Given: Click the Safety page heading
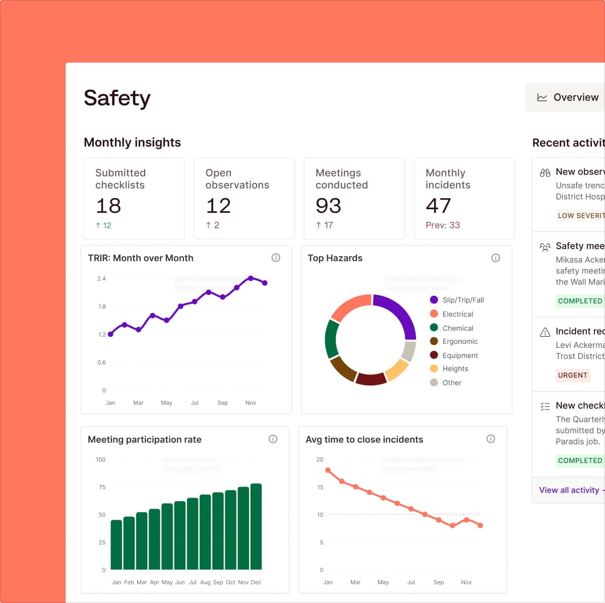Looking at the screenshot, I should click(117, 98).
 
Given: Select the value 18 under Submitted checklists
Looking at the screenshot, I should click(108, 206).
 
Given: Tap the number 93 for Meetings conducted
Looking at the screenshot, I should click(328, 206).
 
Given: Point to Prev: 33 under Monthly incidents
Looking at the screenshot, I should click(443, 225).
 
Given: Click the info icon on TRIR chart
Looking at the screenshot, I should click(276, 258).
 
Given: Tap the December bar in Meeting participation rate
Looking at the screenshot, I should click(256, 527).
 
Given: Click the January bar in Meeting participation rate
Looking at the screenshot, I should click(116, 545).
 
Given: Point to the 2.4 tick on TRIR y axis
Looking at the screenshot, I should click(101, 279).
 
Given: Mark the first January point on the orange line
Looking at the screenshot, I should click(328, 470).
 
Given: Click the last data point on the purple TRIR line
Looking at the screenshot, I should click(265, 283).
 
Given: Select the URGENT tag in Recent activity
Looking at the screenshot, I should click(573, 375).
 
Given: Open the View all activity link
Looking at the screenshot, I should click(569, 490).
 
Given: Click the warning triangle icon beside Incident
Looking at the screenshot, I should click(545, 332).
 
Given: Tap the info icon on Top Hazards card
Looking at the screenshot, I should click(496, 258).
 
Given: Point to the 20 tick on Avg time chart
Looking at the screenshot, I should click(320, 459).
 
